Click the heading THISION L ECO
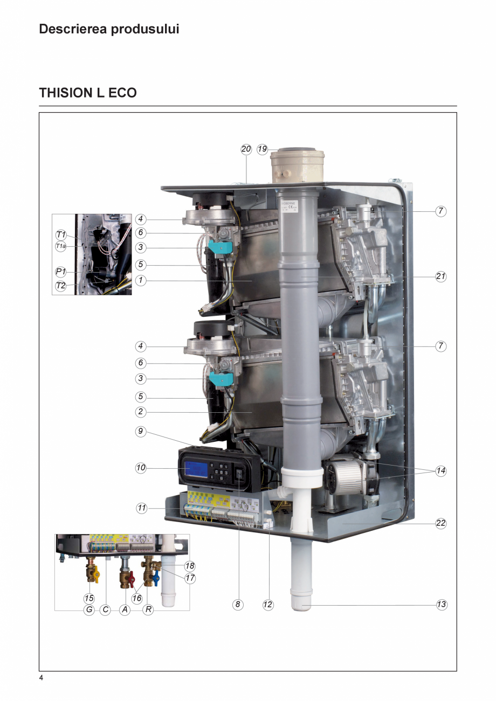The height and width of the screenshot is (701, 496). pos(88,93)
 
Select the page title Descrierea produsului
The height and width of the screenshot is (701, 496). pos(109,29)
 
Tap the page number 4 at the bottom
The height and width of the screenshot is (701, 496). pos(41,678)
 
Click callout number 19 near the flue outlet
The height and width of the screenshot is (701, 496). pos(263,150)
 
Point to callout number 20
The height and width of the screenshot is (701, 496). pos(246,150)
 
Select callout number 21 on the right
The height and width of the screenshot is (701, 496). pos(441,276)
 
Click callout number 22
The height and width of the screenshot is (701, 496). pos(441,523)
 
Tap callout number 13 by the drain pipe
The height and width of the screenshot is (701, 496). pos(441,605)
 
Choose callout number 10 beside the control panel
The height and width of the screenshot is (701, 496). pos(141,468)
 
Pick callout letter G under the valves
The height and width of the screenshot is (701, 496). pos(89,611)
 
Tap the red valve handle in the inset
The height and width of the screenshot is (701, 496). pos(132,578)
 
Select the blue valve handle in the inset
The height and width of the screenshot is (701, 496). pos(156,579)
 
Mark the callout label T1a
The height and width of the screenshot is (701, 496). pos(61,246)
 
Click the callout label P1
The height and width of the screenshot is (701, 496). pos(61,272)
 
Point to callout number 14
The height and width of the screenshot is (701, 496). pos(441,470)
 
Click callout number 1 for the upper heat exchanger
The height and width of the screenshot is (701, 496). pos(141,281)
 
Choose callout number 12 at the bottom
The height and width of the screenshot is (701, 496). pos(268,605)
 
